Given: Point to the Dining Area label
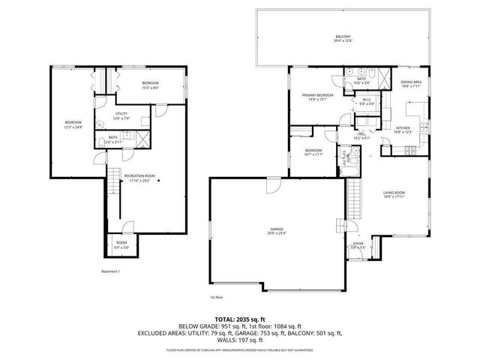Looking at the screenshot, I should [410, 83].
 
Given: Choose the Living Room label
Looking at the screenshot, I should [394, 194].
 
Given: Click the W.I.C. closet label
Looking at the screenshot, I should [367, 100].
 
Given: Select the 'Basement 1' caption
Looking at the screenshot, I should [110, 271].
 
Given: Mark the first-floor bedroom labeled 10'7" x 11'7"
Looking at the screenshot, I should [313, 152].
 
